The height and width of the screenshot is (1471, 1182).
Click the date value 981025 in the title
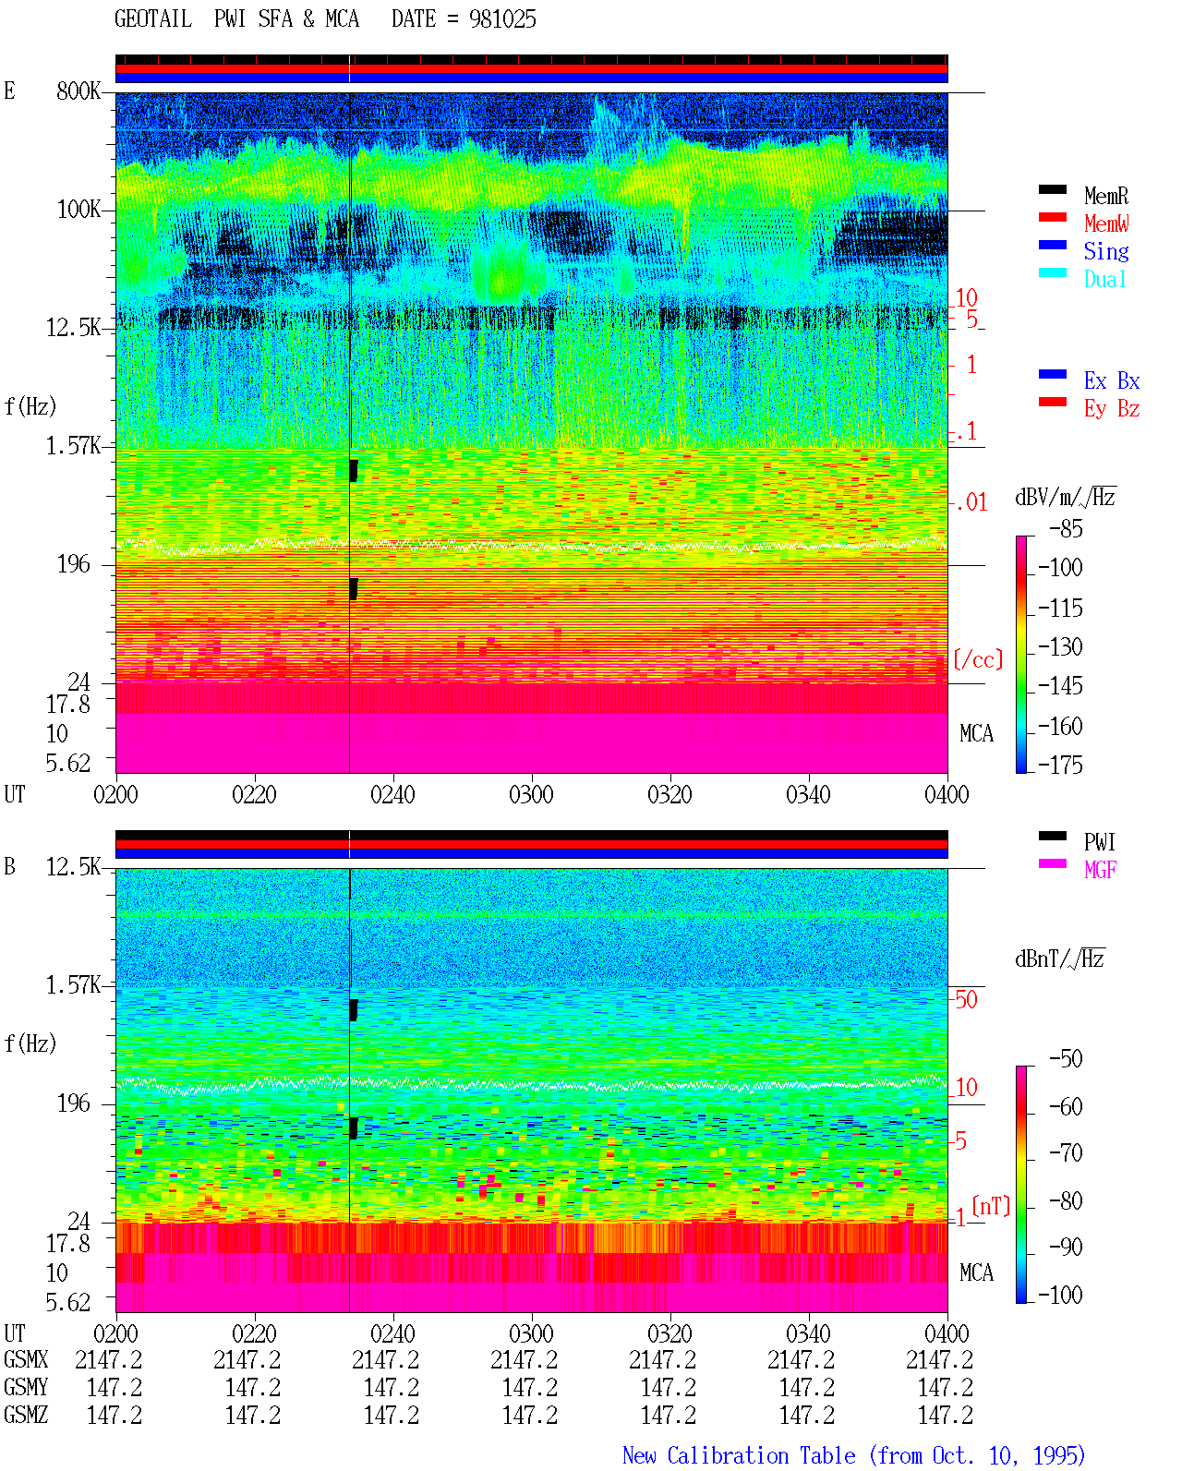click(x=501, y=19)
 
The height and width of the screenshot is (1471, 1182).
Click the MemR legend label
click(x=1105, y=196)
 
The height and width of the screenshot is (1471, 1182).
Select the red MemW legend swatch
click(x=1052, y=217)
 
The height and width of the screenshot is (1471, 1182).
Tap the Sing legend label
click(x=1105, y=251)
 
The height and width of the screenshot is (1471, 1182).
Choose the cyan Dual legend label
click(x=1104, y=279)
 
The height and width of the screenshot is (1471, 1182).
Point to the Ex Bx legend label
click(x=1111, y=380)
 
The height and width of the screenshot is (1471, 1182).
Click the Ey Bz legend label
click(x=1111, y=409)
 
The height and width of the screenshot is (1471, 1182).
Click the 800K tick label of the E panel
click(x=78, y=90)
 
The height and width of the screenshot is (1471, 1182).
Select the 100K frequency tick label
click(x=78, y=210)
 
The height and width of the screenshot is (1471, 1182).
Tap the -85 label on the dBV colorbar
click(x=1066, y=528)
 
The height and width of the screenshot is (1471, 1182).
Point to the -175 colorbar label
click(x=1060, y=765)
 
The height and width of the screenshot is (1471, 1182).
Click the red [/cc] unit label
click(x=978, y=659)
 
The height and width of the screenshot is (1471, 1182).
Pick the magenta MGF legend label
click(x=1100, y=870)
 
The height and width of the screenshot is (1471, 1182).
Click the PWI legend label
click(x=1099, y=842)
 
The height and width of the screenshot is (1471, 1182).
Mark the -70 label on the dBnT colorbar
click(x=1066, y=1153)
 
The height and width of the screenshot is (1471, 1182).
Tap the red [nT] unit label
click(x=991, y=1206)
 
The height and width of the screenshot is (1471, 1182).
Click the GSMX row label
click(x=26, y=1359)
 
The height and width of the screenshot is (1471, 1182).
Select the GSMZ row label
click(x=26, y=1415)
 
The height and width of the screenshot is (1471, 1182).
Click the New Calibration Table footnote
click(x=853, y=1455)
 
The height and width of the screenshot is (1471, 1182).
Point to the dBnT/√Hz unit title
click(x=1059, y=959)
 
